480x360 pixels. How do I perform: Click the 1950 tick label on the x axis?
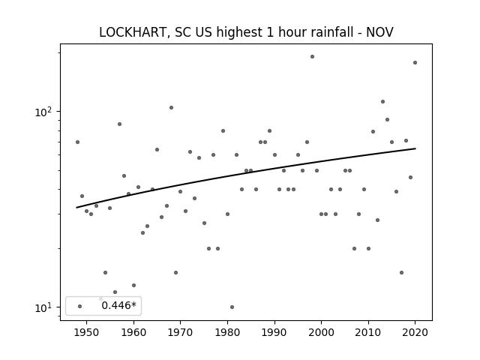pyautogui.click(x=87, y=332)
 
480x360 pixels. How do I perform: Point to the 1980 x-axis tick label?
pyautogui.click(x=227, y=332)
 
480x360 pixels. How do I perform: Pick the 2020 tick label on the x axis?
pyautogui.click(x=415, y=332)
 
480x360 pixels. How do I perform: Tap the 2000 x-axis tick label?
pyautogui.click(x=322, y=332)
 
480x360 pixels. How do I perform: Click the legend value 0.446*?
pyautogui.click(x=118, y=305)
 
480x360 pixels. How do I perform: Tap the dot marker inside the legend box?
pyautogui.click(x=80, y=306)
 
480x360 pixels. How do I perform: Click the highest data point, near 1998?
pyautogui.click(x=312, y=57)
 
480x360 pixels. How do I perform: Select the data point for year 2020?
pyautogui.click(x=415, y=63)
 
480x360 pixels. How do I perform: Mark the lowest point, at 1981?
pyautogui.click(x=232, y=307)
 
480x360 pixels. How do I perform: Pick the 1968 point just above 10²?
pyautogui.click(x=172, y=108)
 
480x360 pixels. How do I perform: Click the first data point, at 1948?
pyautogui.click(x=77, y=142)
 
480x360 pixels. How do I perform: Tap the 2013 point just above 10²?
pyautogui.click(x=382, y=102)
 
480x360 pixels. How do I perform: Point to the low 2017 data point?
pyautogui.click(x=402, y=273)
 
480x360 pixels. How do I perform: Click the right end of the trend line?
pyautogui.click(x=415, y=148)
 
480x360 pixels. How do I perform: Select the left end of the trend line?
pyautogui.click(x=76, y=208)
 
